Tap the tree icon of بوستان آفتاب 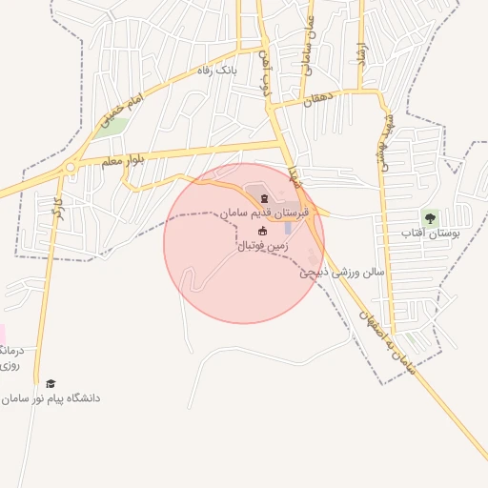pos(431,217)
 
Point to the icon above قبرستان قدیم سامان pos(264,198)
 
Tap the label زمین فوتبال pos(262,246)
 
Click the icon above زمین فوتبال pos(263,231)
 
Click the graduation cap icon pos(51,383)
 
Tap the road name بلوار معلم pos(124,160)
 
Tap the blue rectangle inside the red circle pos(288,229)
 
